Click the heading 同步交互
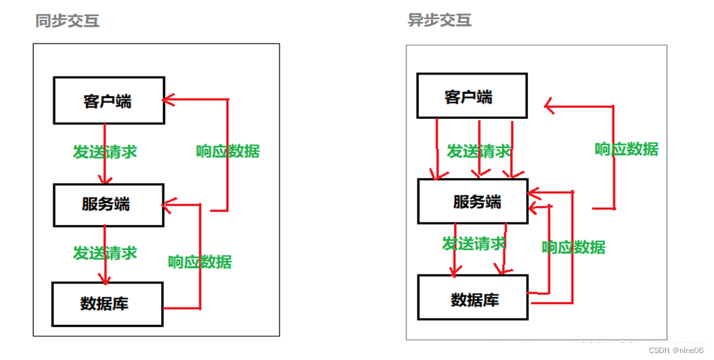click(67, 21)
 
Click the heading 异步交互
click(440, 20)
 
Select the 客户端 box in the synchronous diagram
click(109, 101)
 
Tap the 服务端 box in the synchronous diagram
click(108, 205)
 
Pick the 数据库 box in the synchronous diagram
click(107, 303)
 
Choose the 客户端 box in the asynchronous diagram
click(471, 96)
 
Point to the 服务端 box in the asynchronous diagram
click(473, 201)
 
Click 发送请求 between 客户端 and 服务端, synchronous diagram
click(105, 152)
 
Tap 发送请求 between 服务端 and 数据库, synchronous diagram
click(105, 253)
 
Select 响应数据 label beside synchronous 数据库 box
click(200, 262)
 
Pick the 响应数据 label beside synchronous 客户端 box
click(227, 151)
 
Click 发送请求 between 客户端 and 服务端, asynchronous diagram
click(478, 151)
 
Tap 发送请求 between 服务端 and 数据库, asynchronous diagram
click(474, 243)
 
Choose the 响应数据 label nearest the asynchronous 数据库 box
click(574, 247)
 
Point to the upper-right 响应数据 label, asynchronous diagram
click(626, 149)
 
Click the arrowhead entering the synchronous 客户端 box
click(167, 100)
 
